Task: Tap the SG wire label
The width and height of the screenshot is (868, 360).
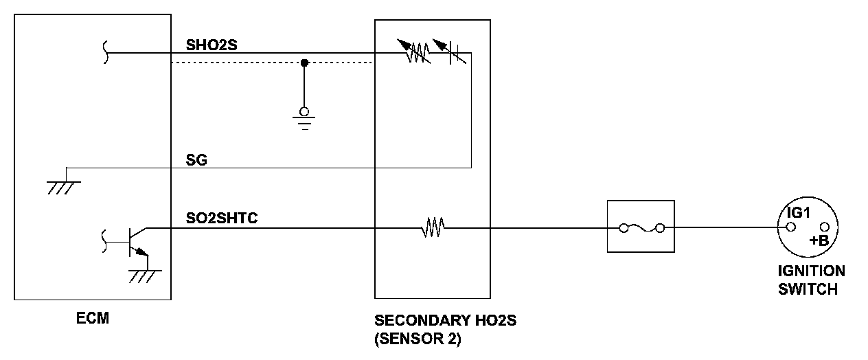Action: pos(196,160)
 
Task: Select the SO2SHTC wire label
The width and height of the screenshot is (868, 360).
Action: pos(222,219)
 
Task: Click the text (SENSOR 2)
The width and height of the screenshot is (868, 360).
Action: pos(418,339)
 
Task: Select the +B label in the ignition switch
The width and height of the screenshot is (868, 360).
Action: pos(819,240)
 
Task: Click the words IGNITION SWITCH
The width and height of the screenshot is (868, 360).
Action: pos(811,280)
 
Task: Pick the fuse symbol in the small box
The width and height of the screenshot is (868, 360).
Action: pos(640,227)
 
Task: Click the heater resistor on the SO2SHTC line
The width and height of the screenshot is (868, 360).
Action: pos(432,227)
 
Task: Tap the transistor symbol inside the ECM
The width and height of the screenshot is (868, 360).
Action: pos(134,240)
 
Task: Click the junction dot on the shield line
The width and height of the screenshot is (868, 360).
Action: pos(304,63)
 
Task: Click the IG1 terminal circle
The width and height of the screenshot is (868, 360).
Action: pos(790,227)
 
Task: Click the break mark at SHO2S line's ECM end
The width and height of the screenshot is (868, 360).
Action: pos(105,52)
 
